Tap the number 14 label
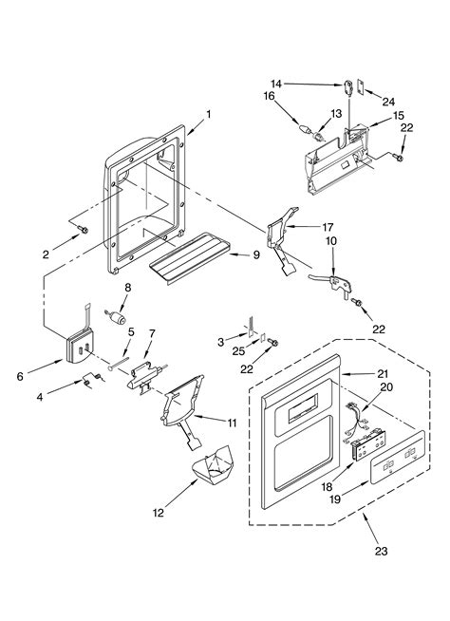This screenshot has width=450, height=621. [x=276, y=84]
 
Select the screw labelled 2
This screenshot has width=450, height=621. [x=84, y=230]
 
